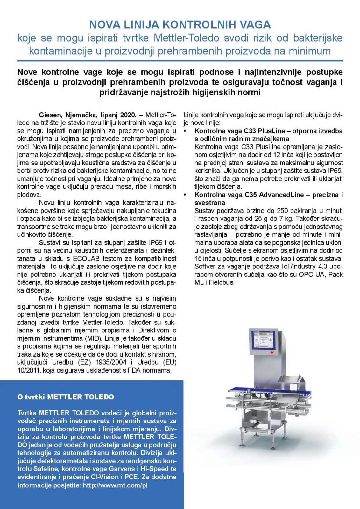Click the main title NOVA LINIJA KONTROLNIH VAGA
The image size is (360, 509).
coord(180,24)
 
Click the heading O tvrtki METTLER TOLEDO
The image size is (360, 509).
coord(66,397)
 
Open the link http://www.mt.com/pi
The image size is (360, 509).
coord(115,485)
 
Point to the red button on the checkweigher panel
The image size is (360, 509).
coord(272,352)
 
